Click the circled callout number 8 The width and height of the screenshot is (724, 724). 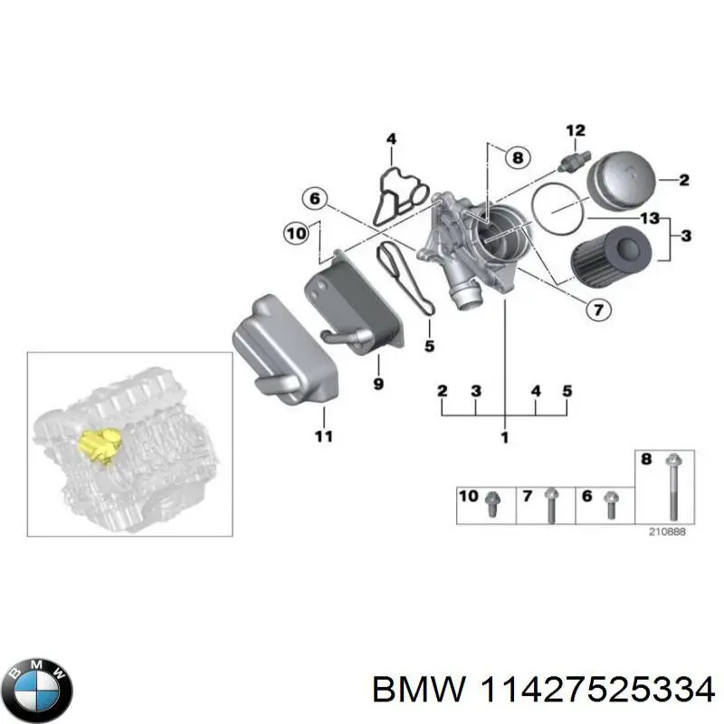[x=517, y=158]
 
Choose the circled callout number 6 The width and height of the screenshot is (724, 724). [x=313, y=199]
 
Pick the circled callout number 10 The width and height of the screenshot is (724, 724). [x=296, y=233]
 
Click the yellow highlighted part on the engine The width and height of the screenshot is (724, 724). [x=99, y=444]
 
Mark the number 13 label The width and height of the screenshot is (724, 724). [x=650, y=219]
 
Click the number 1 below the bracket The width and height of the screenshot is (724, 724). [x=504, y=438]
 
